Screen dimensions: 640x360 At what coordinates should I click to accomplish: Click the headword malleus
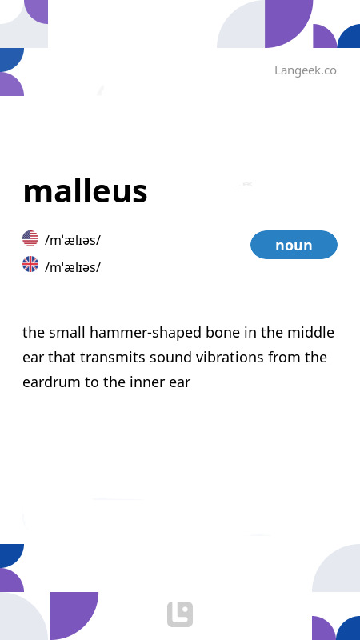pyautogui.click(x=85, y=192)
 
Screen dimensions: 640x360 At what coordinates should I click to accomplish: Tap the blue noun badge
pyautogui.click(x=294, y=245)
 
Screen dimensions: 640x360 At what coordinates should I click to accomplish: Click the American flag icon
pyautogui.click(x=30, y=238)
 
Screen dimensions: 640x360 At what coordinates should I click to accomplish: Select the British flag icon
pyautogui.click(x=30, y=265)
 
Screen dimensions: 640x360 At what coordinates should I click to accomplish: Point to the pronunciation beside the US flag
pyautogui.click(x=73, y=240)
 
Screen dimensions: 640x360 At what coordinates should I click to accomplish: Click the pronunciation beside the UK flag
pyautogui.click(x=73, y=267)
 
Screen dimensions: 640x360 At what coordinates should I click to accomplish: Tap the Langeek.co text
pyautogui.click(x=305, y=70)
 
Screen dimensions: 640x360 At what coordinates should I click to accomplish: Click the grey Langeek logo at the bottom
pyautogui.click(x=180, y=614)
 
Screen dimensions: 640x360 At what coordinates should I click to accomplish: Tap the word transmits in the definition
pyautogui.click(x=129, y=358)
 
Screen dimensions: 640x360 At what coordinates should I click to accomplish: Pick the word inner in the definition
pyautogui.click(x=144, y=382)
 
